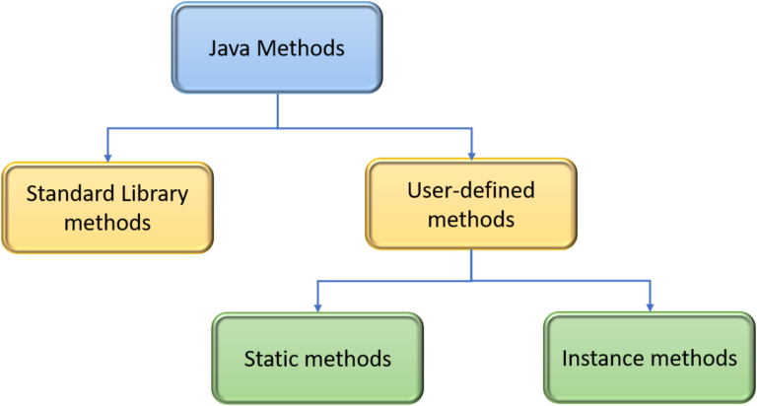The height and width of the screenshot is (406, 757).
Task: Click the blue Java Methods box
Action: point(276,48)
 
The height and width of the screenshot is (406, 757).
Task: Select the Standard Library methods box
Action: point(106,207)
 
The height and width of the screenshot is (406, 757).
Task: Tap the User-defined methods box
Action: point(470,204)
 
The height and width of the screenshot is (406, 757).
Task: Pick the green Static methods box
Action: point(316,358)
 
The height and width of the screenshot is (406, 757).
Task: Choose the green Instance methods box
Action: point(650,357)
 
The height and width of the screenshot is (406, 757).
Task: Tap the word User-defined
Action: point(470,189)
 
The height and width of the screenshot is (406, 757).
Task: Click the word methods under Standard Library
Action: point(106,222)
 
